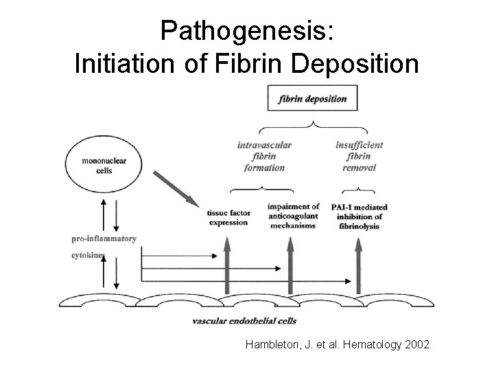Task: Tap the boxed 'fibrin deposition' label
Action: pos(312,99)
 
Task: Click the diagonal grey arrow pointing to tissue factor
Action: pos(176,186)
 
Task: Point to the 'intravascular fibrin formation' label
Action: pos(264,156)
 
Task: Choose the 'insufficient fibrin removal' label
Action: pos(360,156)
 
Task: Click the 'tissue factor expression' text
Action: pos(228,218)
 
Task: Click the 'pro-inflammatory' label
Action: pos(104,239)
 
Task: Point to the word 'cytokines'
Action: pos(89,255)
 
